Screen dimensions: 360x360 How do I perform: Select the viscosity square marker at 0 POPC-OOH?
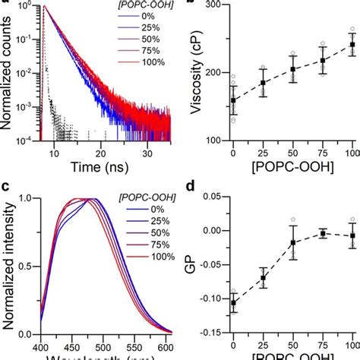[x=233, y=99]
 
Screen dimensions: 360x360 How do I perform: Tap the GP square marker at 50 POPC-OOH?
[x=292, y=243]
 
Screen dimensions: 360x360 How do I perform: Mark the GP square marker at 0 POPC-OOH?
[x=233, y=303]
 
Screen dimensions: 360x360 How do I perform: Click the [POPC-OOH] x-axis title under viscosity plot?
[x=292, y=163]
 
